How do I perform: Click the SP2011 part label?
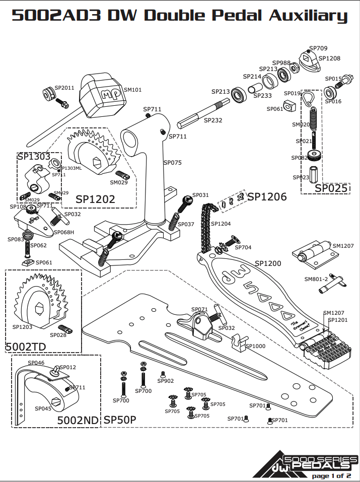pyautogui.click(x=64, y=87)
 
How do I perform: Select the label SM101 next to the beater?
pyautogui.click(x=132, y=90)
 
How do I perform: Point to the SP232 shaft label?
pyautogui.click(x=212, y=120)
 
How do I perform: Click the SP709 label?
pyautogui.click(x=318, y=48)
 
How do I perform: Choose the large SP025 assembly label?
pyautogui.click(x=331, y=188)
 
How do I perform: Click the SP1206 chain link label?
pyautogui.click(x=266, y=196)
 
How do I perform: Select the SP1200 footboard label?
pyautogui.click(x=268, y=263)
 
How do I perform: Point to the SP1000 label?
pyautogui.click(x=255, y=346)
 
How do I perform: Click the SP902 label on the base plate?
pyautogui.click(x=166, y=381)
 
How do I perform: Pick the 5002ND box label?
pyautogui.click(x=78, y=420)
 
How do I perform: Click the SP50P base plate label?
pyautogui.click(x=120, y=420)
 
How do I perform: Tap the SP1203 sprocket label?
pyautogui.click(x=22, y=326)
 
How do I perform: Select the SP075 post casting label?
pyautogui.click(x=172, y=163)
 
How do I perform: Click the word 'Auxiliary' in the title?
pyautogui.click(x=308, y=15)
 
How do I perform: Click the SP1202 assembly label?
pyautogui.click(x=95, y=199)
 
